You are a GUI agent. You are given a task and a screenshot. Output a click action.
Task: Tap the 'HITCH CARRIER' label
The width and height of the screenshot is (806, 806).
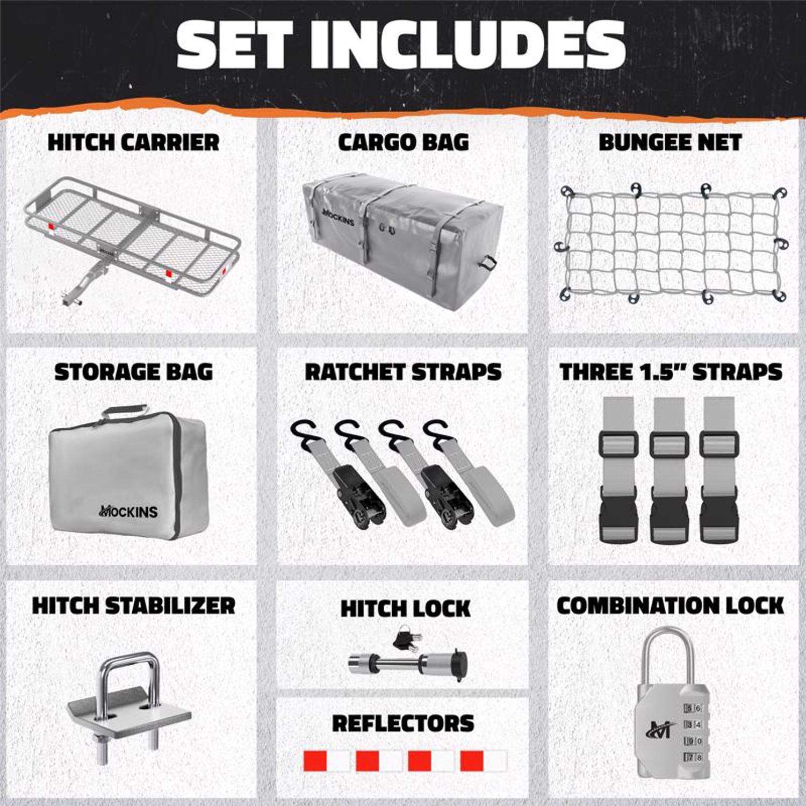pos(134,142)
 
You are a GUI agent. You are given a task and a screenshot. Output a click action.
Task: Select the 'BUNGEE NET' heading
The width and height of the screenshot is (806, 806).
pos(670,142)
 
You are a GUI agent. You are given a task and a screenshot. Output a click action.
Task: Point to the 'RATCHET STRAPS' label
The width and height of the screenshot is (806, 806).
pos(403,372)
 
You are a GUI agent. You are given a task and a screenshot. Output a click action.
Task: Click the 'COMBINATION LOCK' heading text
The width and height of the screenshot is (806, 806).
pos(670,606)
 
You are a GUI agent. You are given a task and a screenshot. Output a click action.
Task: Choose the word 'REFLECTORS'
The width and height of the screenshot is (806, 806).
pos(403,723)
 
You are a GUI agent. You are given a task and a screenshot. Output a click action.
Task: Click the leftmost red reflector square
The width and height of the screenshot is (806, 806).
pos(315,761)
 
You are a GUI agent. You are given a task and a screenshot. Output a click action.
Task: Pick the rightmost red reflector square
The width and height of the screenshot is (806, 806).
pos(472,761)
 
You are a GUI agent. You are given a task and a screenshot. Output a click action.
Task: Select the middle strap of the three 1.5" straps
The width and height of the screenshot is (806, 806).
pos(669,469)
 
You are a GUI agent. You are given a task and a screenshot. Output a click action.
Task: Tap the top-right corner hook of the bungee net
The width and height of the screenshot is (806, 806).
pos(780,194)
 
